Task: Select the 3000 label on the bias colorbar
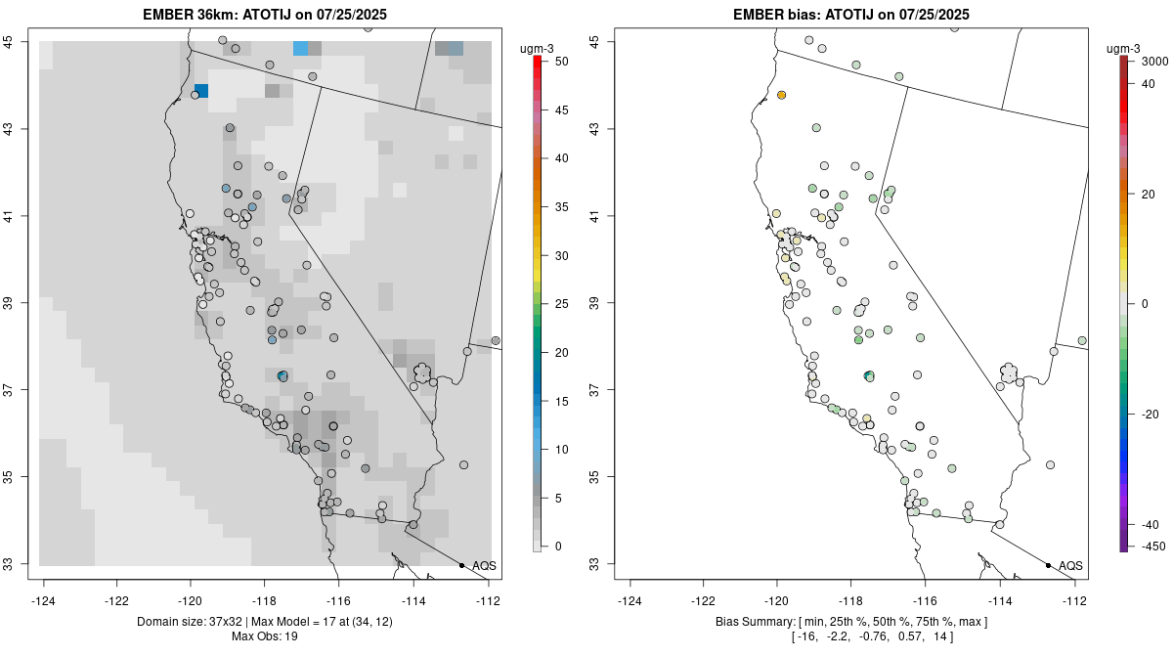[x=1154, y=62]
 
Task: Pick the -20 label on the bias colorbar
[x=1149, y=414]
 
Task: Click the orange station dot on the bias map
[x=782, y=95]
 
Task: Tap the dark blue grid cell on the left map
[x=201, y=91]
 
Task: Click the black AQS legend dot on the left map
[x=461, y=565]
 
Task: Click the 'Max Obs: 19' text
[x=265, y=636]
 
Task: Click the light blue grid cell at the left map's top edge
[x=301, y=48]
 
